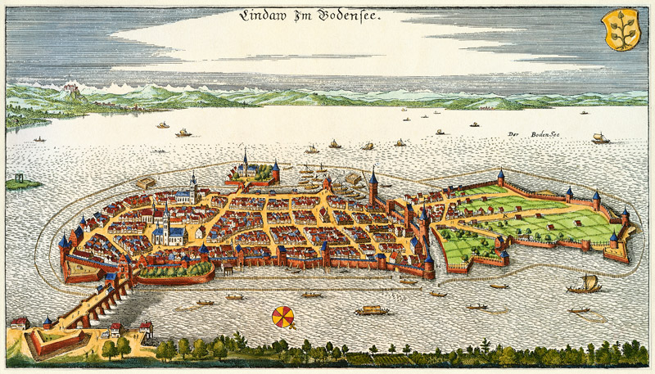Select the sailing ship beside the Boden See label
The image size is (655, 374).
coord(600,139)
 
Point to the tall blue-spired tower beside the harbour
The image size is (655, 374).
coord(373,188)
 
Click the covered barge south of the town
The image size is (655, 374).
coord(372,310)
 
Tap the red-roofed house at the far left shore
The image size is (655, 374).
coord(19,323)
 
